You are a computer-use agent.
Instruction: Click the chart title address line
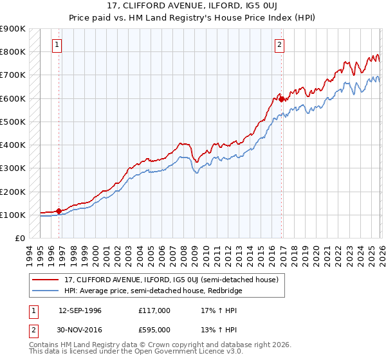pos(193,6)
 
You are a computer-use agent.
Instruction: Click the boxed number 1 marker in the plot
pos(59,45)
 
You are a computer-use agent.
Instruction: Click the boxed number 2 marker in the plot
pos(280,45)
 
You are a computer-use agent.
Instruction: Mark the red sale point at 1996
pos(59,211)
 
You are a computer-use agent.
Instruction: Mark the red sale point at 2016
pos(281,100)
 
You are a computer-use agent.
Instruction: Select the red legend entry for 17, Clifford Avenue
pos(170,280)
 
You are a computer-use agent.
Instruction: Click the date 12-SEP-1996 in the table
pos(80,310)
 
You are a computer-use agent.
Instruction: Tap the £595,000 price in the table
pos(154,331)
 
